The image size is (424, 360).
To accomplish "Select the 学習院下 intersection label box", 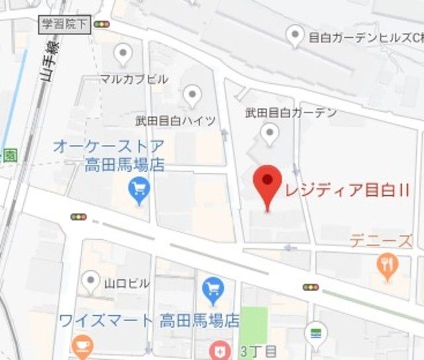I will click(x=64, y=24).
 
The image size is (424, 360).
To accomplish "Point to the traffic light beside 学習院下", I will click(x=102, y=24).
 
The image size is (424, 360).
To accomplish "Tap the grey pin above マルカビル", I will click(x=123, y=54).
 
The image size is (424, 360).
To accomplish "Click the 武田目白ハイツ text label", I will click(x=176, y=120).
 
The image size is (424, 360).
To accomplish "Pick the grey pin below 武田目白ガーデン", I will click(x=269, y=135).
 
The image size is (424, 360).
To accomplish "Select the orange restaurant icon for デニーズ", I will click(x=385, y=265).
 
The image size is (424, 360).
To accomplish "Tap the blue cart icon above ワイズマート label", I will click(x=213, y=288).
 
